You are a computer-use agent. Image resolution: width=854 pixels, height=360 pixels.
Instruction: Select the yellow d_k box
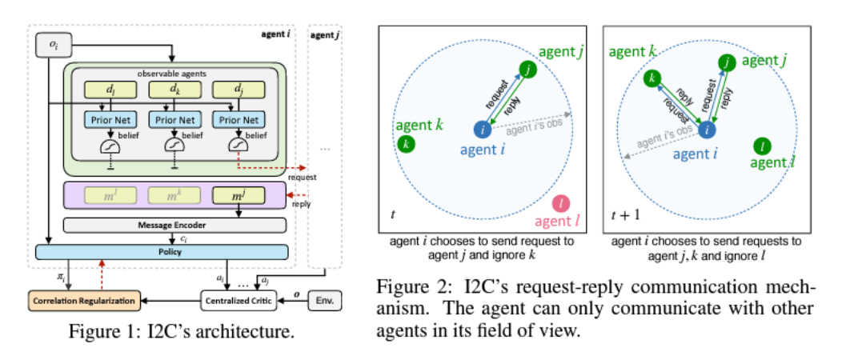[174, 90]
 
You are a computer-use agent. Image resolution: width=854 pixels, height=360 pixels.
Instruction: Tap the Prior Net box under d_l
[106, 120]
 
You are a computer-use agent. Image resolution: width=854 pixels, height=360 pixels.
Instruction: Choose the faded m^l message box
[106, 194]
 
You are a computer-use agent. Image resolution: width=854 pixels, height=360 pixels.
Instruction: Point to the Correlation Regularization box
[82, 302]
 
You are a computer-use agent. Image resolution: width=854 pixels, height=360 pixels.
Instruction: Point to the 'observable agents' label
[174, 74]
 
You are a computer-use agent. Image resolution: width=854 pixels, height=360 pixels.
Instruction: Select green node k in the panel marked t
[406, 144]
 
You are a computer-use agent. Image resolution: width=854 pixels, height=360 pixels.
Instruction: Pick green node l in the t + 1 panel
[761, 145]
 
